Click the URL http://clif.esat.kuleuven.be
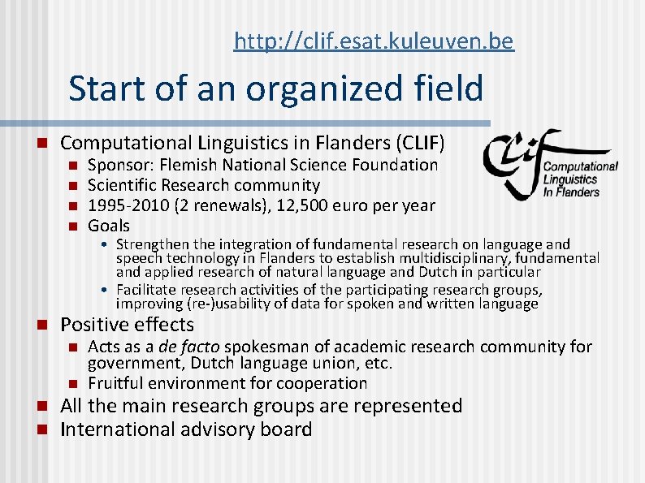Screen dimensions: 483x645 point(373,41)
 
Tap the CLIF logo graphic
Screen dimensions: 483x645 point(549,165)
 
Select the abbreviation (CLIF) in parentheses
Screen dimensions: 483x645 point(419,144)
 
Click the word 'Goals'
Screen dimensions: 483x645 point(109,226)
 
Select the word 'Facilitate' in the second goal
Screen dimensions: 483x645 point(149,290)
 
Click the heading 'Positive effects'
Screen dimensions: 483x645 point(128,325)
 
